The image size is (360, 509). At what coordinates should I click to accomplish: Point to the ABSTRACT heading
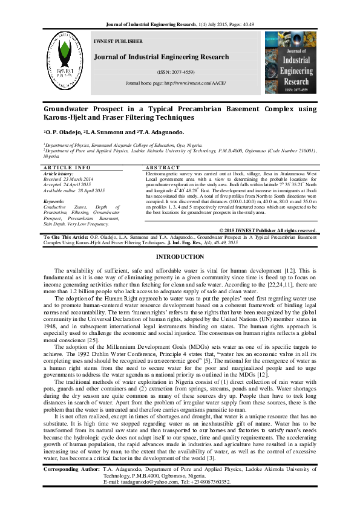tap(163, 167)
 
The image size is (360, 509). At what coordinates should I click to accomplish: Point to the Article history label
tap(59, 173)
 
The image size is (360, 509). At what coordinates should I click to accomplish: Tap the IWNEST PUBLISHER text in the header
tap(119, 42)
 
